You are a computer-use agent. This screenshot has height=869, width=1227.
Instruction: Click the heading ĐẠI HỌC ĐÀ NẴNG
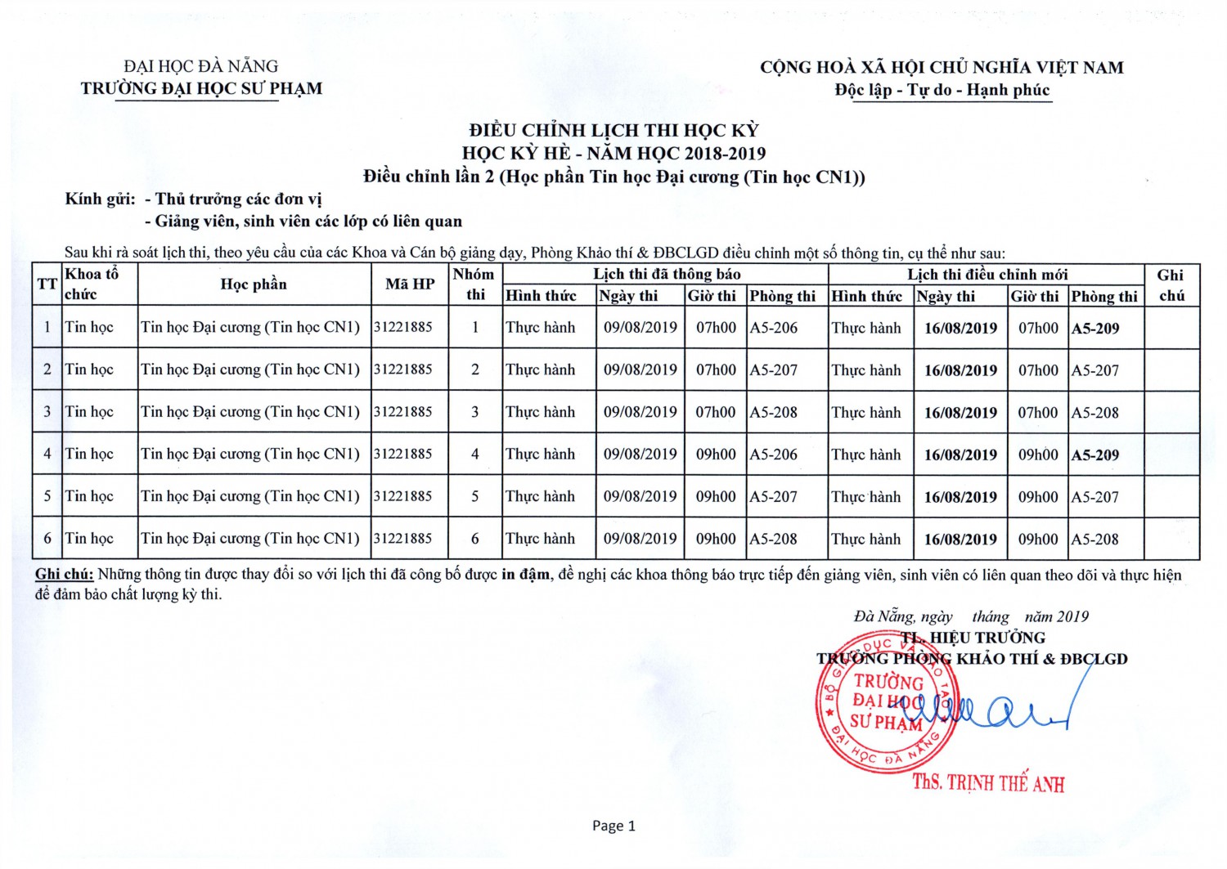[201, 66]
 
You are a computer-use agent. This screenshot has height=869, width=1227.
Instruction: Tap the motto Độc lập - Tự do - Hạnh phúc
[942, 90]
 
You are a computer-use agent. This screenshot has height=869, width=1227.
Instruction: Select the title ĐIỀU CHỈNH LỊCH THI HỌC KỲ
[613, 130]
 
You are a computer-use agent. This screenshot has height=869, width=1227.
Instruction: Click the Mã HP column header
[410, 284]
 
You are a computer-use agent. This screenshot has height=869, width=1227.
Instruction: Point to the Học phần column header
[254, 284]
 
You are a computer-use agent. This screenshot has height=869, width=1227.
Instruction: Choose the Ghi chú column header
[1171, 285]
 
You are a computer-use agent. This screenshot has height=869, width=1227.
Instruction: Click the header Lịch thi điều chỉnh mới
[987, 275]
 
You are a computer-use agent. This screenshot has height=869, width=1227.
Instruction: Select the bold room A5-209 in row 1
[1095, 329]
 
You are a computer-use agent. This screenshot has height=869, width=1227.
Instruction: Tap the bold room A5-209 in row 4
[1095, 455]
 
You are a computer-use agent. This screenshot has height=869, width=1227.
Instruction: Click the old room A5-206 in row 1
[774, 328]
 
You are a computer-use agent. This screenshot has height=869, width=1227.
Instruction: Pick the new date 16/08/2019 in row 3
[960, 413]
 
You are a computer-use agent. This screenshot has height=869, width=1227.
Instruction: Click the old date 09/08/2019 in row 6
[640, 539]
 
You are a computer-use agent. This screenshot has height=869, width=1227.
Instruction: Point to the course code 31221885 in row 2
[403, 370]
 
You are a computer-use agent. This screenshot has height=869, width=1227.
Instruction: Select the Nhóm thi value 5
[475, 496]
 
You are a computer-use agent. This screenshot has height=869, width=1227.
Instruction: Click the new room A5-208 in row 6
[1095, 540]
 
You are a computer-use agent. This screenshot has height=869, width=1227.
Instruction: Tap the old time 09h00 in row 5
[716, 496]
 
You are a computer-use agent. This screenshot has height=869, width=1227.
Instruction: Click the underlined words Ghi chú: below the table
[64, 575]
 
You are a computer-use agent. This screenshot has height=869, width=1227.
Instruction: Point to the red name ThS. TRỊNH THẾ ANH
[988, 783]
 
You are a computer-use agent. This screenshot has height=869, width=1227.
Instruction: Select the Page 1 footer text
[613, 826]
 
